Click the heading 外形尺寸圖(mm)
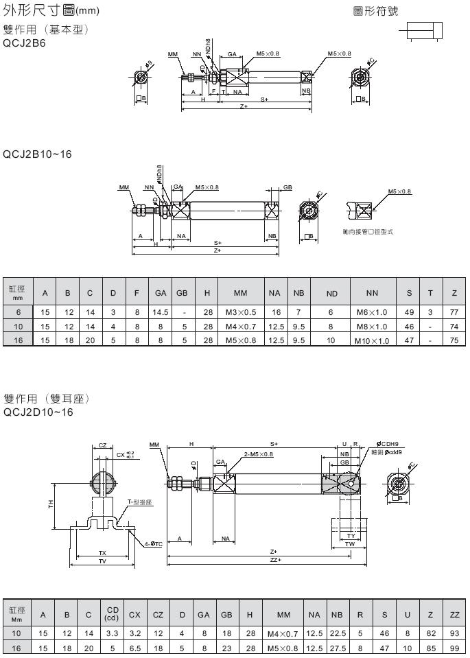[51, 11]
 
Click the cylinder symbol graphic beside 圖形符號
[424, 31]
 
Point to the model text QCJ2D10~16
[38, 412]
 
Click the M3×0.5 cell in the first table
[239, 312]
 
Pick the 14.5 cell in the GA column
[161, 312]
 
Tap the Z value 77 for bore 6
[454, 312]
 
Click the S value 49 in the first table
[409, 312]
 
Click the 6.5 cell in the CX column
[134, 646]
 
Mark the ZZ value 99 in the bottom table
[454, 646]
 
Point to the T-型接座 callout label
[139, 502]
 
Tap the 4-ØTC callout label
[153, 544]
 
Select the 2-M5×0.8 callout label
[258, 454]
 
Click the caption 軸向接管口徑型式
[368, 231]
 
